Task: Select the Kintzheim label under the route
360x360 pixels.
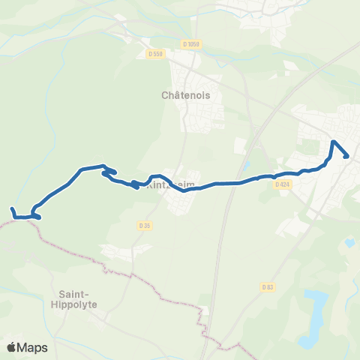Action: (166, 184)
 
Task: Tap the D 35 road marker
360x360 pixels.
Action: (145, 224)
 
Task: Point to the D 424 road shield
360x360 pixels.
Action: (282, 184)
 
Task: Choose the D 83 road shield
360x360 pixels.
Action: (268, 286)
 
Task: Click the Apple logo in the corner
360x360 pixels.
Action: (13, 347)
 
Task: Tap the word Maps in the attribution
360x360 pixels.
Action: (33, 347)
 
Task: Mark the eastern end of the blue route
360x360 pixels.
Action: (347, 156)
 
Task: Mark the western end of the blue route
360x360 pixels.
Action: (12, 209)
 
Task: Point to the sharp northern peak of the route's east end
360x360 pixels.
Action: (332, 141)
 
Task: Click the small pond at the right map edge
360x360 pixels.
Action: (349, 243)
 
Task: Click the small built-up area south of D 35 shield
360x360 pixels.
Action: (120, 251)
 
